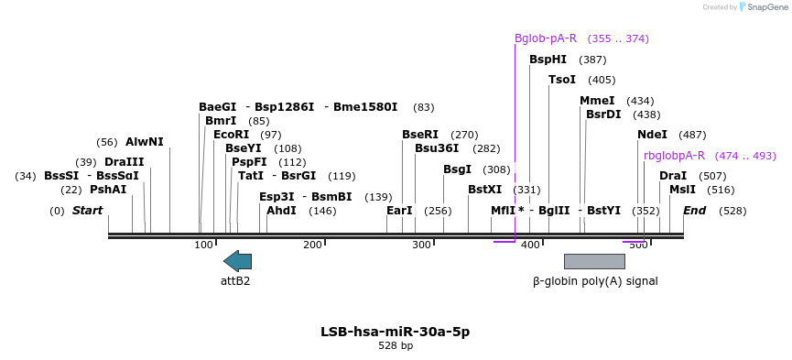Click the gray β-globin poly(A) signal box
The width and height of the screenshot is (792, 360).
click(x=594, y=261)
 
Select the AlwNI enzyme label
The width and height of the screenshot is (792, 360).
click(x=145, y=142)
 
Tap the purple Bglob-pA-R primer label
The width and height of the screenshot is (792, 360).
click(x=546, y=38)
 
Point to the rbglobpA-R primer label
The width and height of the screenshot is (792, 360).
click(x=674, y=156)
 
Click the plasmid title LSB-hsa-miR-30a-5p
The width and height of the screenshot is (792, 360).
click(x=396, y=332)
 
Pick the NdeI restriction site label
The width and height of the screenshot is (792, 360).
click(x=653, y=135)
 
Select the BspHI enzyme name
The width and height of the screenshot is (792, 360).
click(x=548, y=60)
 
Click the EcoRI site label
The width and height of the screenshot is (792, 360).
click(x=231, y=135)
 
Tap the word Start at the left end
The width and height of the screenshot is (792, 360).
click(x=87, y=211)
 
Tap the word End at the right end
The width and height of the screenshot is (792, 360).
click(x=695, y=211)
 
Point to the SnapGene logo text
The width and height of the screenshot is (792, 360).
click(x=765, y=6)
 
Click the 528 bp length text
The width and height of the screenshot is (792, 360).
click(x=396, y=346)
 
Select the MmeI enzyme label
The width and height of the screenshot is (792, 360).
click(x=597, y=101)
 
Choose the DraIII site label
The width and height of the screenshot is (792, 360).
click(x=124, y=162)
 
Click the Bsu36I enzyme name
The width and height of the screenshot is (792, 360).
click(x=437, y=148)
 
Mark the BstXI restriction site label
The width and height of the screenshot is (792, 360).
click(x=485, y=190)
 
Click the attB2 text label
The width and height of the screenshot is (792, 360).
click(x=235, y=281)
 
